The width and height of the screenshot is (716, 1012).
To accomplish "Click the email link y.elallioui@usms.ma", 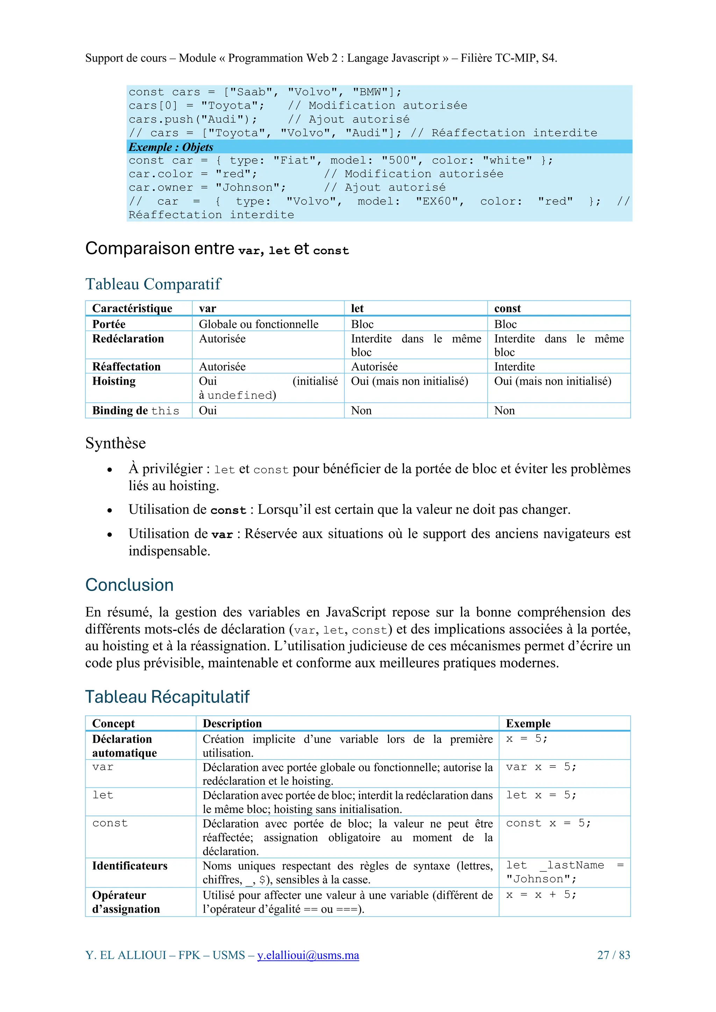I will (308, 955).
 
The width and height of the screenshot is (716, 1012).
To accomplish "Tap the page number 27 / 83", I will (613, 955).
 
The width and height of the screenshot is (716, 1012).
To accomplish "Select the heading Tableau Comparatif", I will (153, 284).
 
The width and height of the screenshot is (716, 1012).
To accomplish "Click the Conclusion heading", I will (129, 585).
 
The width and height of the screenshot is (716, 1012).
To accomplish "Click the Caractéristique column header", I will (132, 308).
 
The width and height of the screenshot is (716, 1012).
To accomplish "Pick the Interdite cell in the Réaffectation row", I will (514, 367).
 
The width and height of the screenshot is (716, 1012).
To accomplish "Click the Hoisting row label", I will (114, 381).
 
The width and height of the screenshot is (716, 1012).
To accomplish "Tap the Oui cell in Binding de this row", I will (208, 411).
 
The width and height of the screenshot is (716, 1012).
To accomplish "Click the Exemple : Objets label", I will (171, 147).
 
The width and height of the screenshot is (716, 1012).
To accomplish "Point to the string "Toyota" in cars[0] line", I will (232, 106).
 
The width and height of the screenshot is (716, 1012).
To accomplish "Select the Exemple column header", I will (528, 724).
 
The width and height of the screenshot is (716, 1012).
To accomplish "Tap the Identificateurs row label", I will (130, 866).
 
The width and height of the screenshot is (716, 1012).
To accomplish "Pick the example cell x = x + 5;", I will (541, 895).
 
